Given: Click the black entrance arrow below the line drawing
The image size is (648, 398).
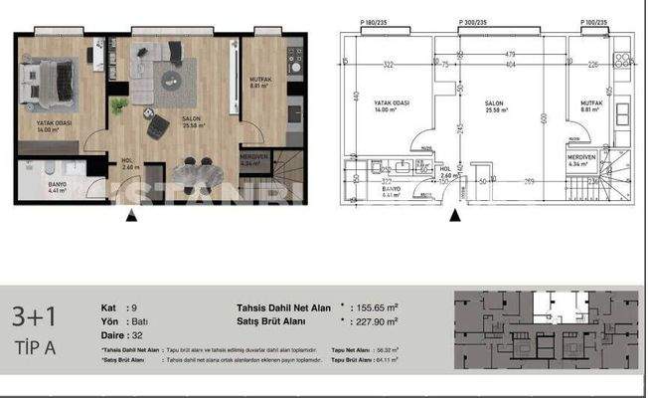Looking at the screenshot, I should coord(455,213).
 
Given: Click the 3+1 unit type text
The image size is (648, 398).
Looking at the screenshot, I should coord(34,317).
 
